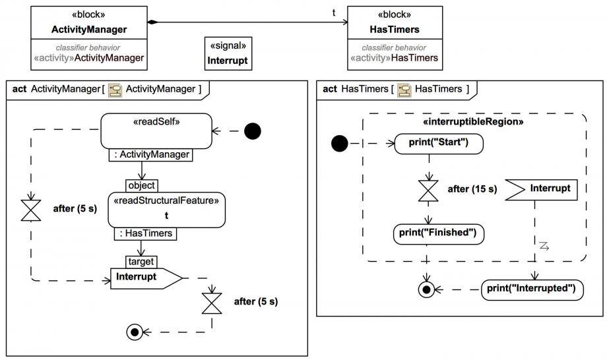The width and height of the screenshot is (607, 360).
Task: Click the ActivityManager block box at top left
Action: [88, 39]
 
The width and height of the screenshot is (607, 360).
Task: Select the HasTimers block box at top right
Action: [395, 39]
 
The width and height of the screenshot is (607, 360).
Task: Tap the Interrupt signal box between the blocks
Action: [228, 53]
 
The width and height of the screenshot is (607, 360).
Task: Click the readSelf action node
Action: [156, 131]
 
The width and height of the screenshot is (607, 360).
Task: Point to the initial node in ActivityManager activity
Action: [253, 131]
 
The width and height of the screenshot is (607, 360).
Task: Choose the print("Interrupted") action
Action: [532, 289]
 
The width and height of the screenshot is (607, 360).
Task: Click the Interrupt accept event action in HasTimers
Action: [542, 189]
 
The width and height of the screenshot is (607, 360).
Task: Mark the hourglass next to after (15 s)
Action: [430, 190]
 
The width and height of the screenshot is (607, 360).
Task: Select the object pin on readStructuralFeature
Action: [142, 185]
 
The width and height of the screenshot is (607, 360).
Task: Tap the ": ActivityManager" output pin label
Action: [150, 156]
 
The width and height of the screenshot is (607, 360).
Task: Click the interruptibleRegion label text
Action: [473, 122]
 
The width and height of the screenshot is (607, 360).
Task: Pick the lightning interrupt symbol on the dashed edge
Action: [544, 246]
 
